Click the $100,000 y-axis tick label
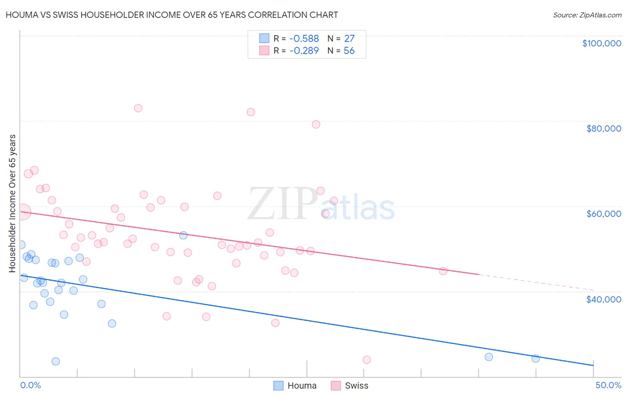[602, 43]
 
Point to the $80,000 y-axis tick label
[603, 129]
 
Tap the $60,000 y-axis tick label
[603, 214]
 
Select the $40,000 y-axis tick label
[603, 299]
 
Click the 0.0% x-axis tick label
[30, 385]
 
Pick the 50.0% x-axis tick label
[608, 385]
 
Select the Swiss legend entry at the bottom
[350, 386]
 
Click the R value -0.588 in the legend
[304, 39]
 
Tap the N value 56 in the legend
[349, 51]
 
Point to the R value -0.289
[304, 51]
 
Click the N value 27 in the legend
[349, 39]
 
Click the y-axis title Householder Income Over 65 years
[12, 203]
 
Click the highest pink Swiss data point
[138, 108]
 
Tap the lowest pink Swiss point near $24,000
[367, 360]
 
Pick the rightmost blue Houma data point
[536, 358]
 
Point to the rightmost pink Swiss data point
[443, 271]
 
